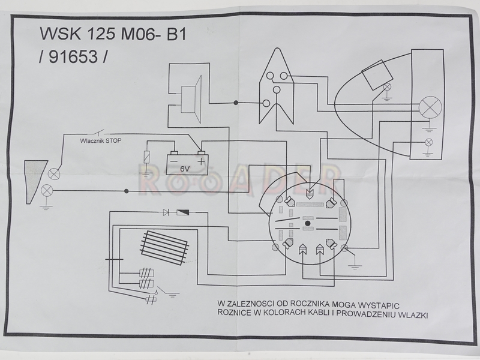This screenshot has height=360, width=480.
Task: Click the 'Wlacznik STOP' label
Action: pos(101,142)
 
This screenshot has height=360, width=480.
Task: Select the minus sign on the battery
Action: pos(175,161)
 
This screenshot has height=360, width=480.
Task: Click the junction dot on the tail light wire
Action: pos(126,192)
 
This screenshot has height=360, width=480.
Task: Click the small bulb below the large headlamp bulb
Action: pos(428,142)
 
